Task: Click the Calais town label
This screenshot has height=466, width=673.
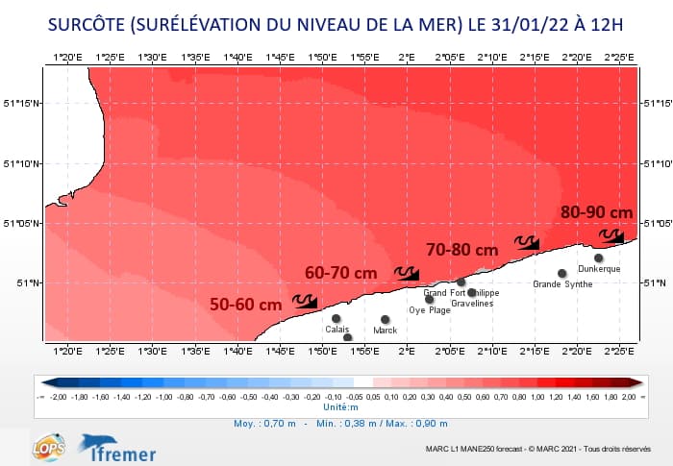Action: [x=337, y=330]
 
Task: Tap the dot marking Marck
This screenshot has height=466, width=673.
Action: [x=386, y=319]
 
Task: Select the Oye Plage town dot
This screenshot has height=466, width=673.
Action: [x=430, y=299]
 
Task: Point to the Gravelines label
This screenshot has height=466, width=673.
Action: [x=472, y=304]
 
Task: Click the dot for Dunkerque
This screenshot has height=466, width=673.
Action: [x=599, y=258]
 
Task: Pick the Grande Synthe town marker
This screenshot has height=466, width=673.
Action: [x=562, y=273]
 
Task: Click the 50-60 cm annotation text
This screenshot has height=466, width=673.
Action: [x=245, y=305]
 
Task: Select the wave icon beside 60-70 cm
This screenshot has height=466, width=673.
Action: [x=407, y=274]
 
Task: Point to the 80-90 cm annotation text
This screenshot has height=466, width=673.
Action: [x=597, y=212]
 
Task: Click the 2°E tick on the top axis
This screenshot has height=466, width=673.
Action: [x=407, y=58]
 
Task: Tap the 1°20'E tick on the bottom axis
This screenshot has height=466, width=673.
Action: [x=67, y=350]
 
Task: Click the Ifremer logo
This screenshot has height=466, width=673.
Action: [x=117, y=447]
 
